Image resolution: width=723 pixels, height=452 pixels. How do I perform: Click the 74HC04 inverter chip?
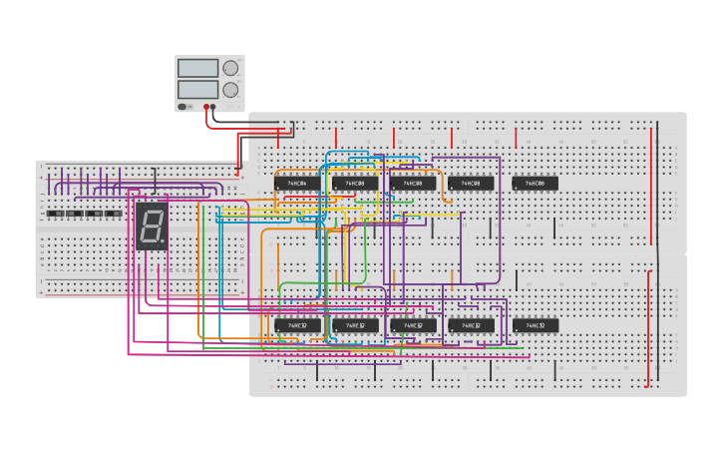pos(297,184)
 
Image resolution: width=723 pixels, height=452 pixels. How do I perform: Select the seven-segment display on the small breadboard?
pos(152,226)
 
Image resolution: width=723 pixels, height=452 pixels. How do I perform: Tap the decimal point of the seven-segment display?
pos(164,242)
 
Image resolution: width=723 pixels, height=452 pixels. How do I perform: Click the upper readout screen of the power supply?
pos(197,68)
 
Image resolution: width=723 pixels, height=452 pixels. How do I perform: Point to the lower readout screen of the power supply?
pos(197,89)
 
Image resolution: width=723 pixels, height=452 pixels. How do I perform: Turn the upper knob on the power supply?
pos(231,68)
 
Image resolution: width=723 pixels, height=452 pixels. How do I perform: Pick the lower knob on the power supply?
pos(231,89)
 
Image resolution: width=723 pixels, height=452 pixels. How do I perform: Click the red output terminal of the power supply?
pos(206,106)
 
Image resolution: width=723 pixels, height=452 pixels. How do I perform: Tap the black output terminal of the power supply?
pos(213,106)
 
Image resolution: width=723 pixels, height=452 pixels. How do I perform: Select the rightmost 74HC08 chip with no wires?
pos(535,184)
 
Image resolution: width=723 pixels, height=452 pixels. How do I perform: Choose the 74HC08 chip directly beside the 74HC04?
pos(355,184)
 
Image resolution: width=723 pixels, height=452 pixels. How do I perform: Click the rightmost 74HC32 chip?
pos(535,325)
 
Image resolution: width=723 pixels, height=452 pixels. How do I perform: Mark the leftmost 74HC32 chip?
pos(297,325)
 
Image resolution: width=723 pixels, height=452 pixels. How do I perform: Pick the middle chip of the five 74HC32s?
pos(413,325)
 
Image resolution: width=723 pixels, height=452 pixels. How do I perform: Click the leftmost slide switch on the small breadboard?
pos(56,214)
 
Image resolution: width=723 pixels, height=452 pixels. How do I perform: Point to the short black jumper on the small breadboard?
pos(155,181)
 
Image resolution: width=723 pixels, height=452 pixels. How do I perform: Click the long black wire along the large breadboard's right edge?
pos(658,249)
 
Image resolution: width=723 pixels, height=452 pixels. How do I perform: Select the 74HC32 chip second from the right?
pos(471,325)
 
